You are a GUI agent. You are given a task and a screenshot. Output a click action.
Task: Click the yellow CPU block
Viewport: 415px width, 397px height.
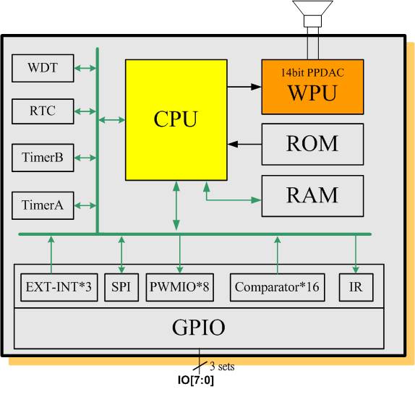click(176, 120)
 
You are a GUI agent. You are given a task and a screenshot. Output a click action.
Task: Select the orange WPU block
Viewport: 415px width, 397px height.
click(312, 87)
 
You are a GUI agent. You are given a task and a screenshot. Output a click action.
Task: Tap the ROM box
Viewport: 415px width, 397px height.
click(312, 144)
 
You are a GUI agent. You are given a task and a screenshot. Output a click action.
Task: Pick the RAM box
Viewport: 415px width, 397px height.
click(312, 196)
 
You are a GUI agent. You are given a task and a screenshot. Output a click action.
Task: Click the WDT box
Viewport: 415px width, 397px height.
click(43, 68)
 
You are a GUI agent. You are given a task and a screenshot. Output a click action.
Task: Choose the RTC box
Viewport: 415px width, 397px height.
click(43, 111)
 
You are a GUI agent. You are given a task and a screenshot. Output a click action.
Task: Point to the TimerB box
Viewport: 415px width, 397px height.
click(43, 158)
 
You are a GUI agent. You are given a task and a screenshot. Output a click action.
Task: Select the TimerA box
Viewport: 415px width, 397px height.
click(43, 205)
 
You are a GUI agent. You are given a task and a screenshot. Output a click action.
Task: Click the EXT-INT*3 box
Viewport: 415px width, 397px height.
click(59, 287)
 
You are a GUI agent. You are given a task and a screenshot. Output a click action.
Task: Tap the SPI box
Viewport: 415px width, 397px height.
click(121, 287)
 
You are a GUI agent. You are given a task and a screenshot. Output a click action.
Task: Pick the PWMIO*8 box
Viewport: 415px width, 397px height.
click(180, 287)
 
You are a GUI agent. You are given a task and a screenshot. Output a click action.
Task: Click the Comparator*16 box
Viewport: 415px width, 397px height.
click(278, 287)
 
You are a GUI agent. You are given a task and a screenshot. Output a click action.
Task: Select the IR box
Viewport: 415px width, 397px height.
click(356, 287)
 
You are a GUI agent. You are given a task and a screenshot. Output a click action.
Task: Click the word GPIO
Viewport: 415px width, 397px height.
click(199, 328)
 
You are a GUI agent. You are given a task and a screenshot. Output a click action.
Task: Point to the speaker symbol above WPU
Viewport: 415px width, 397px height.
click(312, 14)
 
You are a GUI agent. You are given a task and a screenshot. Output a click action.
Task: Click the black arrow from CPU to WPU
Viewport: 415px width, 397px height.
click(244, 87)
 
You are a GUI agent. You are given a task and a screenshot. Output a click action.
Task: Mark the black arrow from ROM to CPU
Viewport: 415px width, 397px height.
click(244, 144)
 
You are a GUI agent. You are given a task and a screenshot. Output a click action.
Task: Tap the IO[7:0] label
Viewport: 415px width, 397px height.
click(196, 380)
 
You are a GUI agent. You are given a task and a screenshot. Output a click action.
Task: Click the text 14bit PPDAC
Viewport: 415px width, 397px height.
click(312, 72)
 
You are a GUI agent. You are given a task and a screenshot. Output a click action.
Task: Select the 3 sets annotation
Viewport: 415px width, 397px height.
click(222, 367)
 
